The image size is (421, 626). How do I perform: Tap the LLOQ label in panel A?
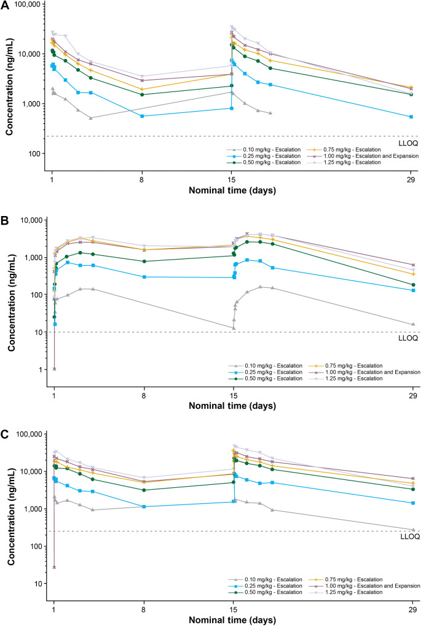[408, 144]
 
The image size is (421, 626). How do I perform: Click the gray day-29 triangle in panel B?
[413, 324]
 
